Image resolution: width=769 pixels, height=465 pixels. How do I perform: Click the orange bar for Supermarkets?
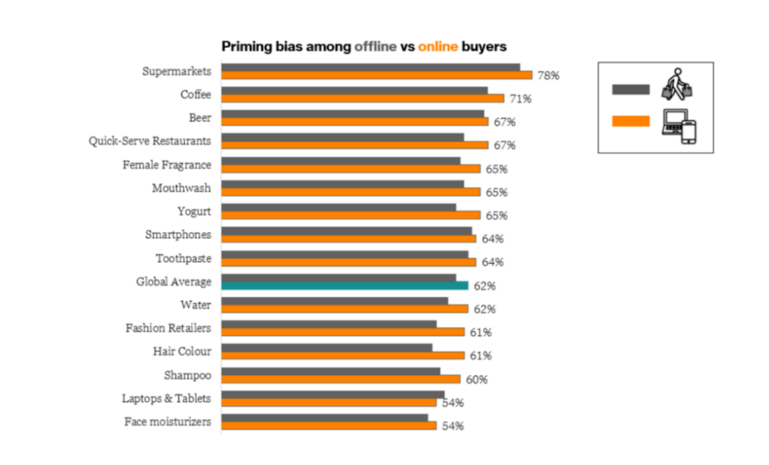point(376,75)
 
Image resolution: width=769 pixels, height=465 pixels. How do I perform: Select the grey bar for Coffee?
point(354,91)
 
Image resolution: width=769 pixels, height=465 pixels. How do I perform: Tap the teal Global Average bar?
point(344,285)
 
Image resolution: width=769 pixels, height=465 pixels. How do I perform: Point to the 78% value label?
point(548,75)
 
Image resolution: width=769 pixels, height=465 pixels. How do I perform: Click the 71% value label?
point(520,99)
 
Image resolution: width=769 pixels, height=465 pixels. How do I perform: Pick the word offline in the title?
point(376,46)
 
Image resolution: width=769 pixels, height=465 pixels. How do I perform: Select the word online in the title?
point(438,46)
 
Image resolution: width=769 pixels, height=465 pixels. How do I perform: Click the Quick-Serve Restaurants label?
point(150,141)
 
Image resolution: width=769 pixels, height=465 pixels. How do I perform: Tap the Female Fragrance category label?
point(167,165)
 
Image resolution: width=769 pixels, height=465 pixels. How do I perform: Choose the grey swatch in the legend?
point(631,89)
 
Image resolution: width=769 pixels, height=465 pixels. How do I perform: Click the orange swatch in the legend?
point(631,121)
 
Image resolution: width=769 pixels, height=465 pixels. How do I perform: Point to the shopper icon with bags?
point(678,84)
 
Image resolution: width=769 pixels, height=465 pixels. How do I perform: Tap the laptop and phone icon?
point(680,125)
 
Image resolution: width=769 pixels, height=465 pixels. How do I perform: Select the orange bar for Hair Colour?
point(343,355)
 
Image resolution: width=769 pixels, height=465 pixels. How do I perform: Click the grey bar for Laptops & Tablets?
point(332,394)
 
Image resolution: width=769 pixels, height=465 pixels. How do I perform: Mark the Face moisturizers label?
point(167,422)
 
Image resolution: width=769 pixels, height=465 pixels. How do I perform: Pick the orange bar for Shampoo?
point(340,379)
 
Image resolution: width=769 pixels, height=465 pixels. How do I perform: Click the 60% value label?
point(476,380)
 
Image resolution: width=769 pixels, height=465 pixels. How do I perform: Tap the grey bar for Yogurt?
point(339,207)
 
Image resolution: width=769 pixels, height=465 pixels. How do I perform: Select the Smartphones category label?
point(178,235)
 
